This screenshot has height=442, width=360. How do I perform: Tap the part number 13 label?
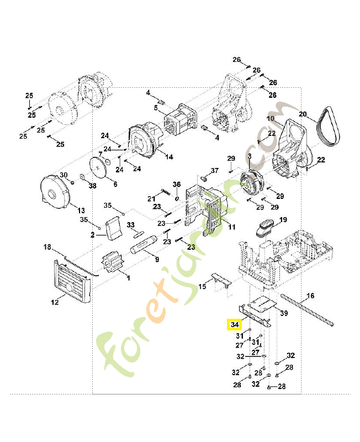[x=81, y=211]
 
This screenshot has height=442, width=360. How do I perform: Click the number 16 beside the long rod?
[x=310, y=296]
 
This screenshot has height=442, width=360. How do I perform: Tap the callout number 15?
[x=202, y=286]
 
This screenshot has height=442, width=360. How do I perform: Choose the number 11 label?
[x=231, y=227]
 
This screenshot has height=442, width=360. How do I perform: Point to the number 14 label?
[x=168, y=157]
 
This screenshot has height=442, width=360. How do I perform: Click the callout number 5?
[x=156, y=108]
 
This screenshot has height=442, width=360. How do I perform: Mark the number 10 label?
[x=271, y=119]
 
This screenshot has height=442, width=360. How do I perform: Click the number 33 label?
[x=131, y=225]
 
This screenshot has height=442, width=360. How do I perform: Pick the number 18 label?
[x=47, y=246]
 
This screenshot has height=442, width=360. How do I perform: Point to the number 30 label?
[x=63, y=175]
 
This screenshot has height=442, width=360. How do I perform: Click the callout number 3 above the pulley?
[x=250, y=157]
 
